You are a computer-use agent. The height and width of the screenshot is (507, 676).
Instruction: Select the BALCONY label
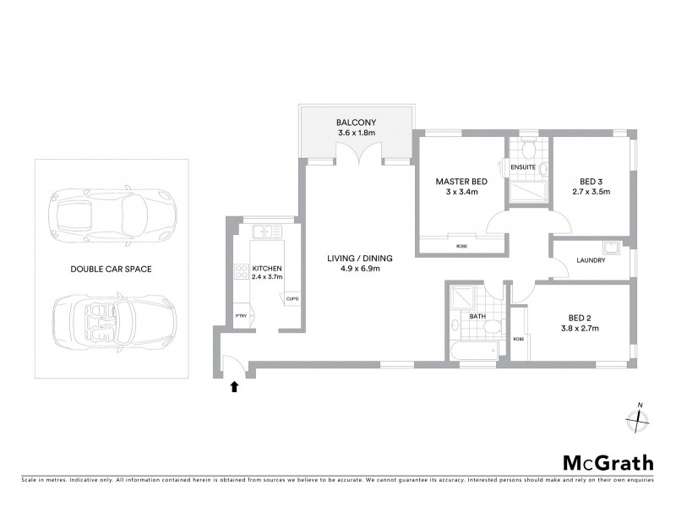(x=356, y=123)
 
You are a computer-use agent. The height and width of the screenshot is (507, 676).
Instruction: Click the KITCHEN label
(x=266, y=267)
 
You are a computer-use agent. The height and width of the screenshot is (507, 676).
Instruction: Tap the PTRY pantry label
(x=240, y=316)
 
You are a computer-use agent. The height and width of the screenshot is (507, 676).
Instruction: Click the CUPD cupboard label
(x=292, y=299)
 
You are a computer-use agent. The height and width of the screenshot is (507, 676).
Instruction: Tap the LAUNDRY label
(x=591, y=260)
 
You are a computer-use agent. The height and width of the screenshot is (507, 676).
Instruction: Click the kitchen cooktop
(x=239, y=272)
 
